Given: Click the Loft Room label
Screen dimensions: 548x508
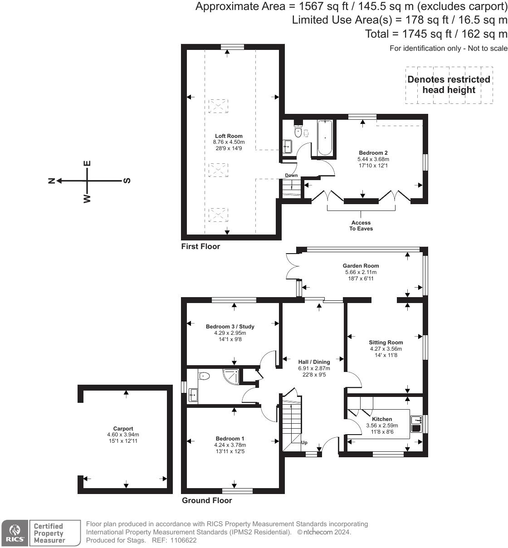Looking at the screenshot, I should [x=229, y=136].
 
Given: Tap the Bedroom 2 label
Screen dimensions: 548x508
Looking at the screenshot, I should [x=373, y=153].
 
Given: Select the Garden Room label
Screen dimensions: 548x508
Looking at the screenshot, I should [x=361, y=266].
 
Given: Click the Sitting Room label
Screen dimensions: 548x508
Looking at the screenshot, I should [x=386, y=342].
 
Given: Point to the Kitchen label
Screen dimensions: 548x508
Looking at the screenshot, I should [x=382, y=419].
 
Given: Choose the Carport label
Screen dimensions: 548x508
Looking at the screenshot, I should [x=123, y=429].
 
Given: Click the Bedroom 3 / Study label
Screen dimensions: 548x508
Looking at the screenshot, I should [x=230, y=327].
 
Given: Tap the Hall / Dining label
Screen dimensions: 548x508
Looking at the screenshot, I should [x=314, y=362].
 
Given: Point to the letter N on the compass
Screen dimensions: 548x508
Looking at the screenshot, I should [x=52, y=181].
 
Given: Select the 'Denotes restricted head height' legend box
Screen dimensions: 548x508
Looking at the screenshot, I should [x=449, y=85].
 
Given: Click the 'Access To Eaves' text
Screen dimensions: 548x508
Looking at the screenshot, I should [x=361, y=225].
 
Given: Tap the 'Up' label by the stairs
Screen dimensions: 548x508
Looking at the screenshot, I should [x=304, y=442].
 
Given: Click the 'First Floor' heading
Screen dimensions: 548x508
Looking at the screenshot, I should [x=200, y=246].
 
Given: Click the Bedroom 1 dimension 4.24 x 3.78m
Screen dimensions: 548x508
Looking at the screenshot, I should [x=230, y=445].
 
